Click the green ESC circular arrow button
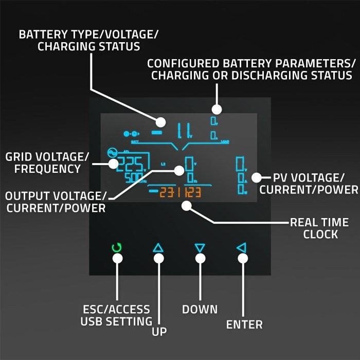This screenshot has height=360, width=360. (117, 248)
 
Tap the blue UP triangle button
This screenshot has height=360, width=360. (158, 248)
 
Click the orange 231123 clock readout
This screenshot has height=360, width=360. (180, 193)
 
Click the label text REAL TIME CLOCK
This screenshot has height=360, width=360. (319, 228)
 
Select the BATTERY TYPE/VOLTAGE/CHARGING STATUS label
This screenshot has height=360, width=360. (88, 40)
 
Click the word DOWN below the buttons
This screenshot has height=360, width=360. (200, 309)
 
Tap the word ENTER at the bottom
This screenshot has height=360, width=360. (244, 325)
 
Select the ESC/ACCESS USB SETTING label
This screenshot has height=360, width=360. (116, 315)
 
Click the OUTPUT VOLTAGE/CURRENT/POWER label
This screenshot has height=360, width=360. (56, 202)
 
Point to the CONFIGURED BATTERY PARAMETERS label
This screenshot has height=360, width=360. (251, 69)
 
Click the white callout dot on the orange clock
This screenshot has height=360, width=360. (186, 205)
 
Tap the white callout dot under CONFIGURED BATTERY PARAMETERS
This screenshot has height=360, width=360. (217, 109)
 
